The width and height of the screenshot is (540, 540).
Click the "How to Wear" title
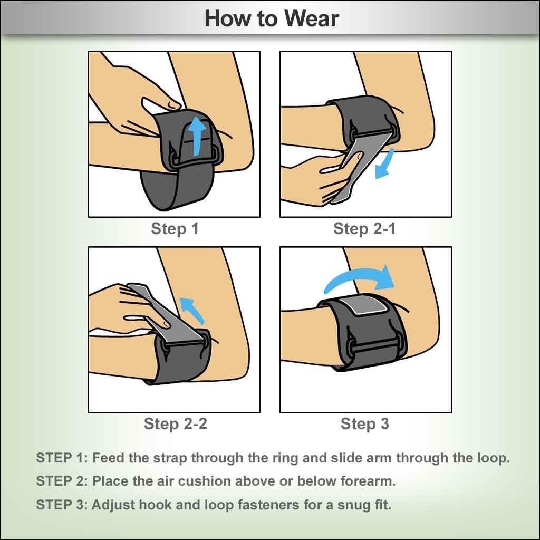(272, 18)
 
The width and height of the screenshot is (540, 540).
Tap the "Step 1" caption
(175, 229)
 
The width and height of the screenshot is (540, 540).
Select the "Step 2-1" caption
(364, 229)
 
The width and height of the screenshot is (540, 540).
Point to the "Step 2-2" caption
(175, 423)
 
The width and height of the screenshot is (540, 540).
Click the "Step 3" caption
(365, 424)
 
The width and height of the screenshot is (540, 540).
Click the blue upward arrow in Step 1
(198, 137)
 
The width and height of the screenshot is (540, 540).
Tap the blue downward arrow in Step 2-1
(384, 164)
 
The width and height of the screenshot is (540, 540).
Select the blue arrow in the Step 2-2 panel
(193, 310)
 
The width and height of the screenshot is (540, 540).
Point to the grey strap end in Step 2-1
(362, 165)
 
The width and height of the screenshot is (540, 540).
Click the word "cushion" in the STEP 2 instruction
(209, 481)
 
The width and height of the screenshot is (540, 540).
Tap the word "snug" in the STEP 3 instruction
(353, 505)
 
